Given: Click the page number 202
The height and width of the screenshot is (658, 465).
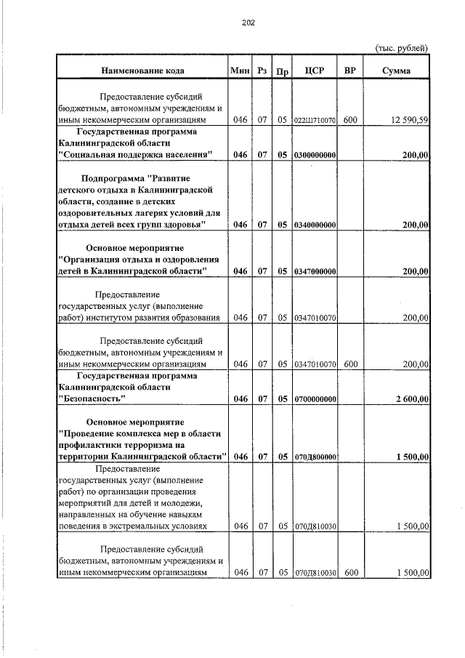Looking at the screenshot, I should (248, 23).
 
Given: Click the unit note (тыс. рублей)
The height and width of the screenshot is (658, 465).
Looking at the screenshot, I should (402, 48).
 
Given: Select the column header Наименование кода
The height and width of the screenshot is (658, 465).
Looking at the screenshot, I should (142, 71).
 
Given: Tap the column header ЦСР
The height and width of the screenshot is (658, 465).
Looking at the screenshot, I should (315, 71).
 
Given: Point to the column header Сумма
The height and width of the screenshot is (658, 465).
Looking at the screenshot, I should (396, 71).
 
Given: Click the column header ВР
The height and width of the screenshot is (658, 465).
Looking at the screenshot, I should (350, 71).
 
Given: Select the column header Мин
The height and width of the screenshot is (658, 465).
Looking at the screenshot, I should (239, 71).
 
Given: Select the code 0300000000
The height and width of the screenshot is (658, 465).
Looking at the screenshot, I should (315, 155).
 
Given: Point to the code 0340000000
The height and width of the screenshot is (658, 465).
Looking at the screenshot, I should (315, 225).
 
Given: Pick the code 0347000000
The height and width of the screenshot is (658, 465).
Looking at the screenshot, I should (315, 271).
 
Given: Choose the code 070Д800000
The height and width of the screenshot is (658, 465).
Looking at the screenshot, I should (315, 457).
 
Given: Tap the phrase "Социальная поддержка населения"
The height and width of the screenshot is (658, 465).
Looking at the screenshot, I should (136, 155).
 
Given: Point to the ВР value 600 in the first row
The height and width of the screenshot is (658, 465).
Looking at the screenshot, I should (350, 120).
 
